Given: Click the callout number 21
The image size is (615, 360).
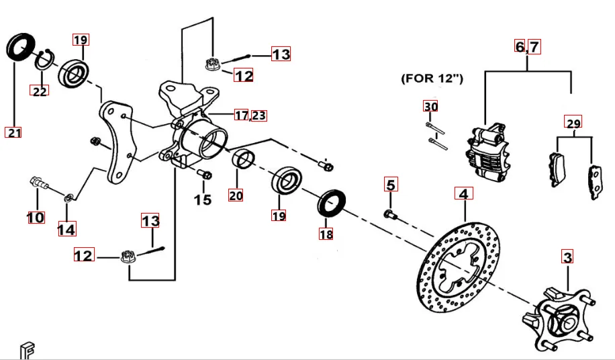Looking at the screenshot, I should click(x=14, y=132).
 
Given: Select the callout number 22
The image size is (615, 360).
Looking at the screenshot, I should click(x=40, y=91).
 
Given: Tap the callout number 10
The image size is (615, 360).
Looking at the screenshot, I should click(x=36, y=217).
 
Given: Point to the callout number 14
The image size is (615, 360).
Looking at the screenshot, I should click(x=66, y=230).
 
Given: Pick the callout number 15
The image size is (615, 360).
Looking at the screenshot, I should click(x=203, y=199).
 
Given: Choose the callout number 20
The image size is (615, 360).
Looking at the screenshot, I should click(x=236, y=195).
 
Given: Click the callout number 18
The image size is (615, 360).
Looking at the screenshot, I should click(x=326, y=234).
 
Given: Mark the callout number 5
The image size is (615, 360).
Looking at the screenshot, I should click(x=391, y=184).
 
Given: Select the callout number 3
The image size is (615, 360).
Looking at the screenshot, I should click(x=568, y=257).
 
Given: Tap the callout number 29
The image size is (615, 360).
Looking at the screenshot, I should click(x=573, y=123).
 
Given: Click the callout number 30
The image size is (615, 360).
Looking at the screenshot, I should click(x=430, y=106).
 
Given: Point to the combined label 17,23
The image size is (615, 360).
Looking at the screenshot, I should click(x=250, y=116).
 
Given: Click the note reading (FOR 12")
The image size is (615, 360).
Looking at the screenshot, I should click(x=432, y=79).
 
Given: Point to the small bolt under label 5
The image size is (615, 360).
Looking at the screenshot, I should click(x=390, y=214).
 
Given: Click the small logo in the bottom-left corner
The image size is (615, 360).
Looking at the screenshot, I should click(x=26, y=350).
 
